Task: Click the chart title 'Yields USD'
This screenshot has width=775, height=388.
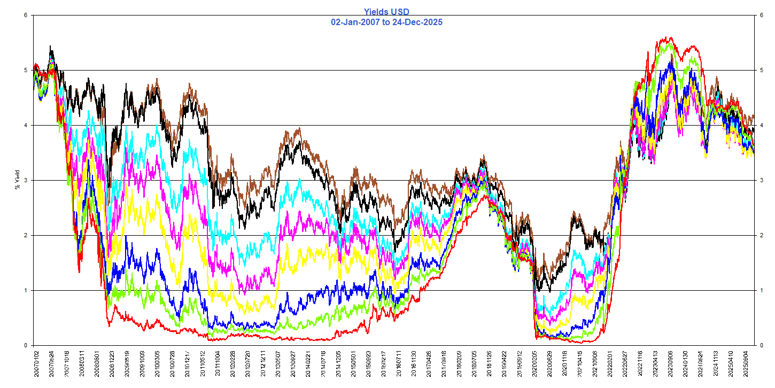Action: click(386, 11)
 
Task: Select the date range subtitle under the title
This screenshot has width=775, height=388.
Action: click(386, 22)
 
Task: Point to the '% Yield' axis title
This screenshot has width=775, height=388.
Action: click(17, 180)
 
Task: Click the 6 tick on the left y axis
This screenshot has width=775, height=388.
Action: click(26, 15)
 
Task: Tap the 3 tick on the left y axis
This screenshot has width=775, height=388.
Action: click(26, 180)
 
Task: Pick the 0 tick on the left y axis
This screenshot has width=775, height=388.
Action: click(26, 345)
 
